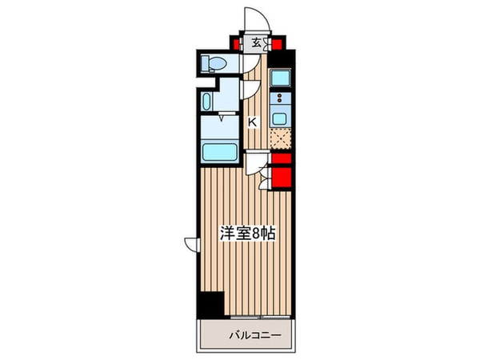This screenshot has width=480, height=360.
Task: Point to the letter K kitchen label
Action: (252, 122)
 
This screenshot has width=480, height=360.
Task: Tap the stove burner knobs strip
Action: (281, 100)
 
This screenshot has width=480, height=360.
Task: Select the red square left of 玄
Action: (238, 42)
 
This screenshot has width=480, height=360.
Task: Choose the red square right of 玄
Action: (277, 43)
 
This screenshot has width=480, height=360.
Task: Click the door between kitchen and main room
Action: (256, 165)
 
